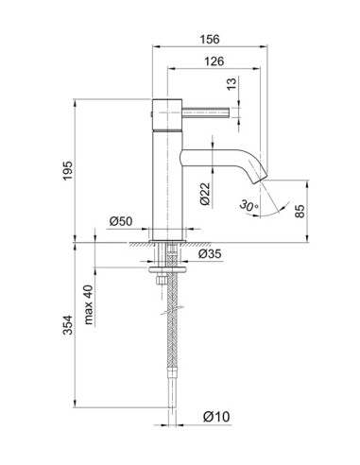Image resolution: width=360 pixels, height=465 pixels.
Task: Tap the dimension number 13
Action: point(233,84)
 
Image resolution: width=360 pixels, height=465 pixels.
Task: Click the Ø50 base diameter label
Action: point(121,221)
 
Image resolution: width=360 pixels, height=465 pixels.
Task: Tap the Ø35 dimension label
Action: point(211,254)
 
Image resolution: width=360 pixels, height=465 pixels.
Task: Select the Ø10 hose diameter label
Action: point(215,415)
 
